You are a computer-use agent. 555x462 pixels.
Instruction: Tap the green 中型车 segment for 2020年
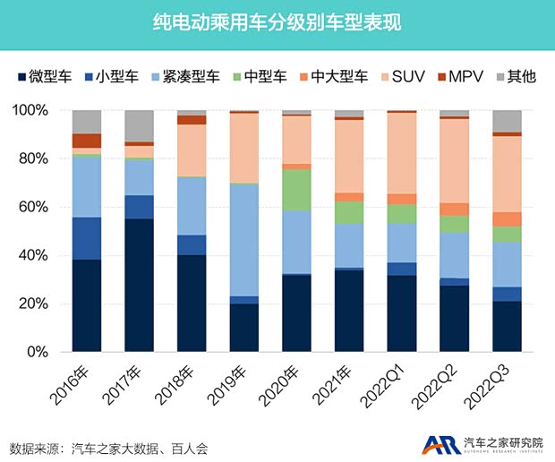296,189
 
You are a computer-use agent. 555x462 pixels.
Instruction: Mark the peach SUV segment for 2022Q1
402,153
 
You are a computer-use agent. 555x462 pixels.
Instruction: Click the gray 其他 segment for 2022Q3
507,121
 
